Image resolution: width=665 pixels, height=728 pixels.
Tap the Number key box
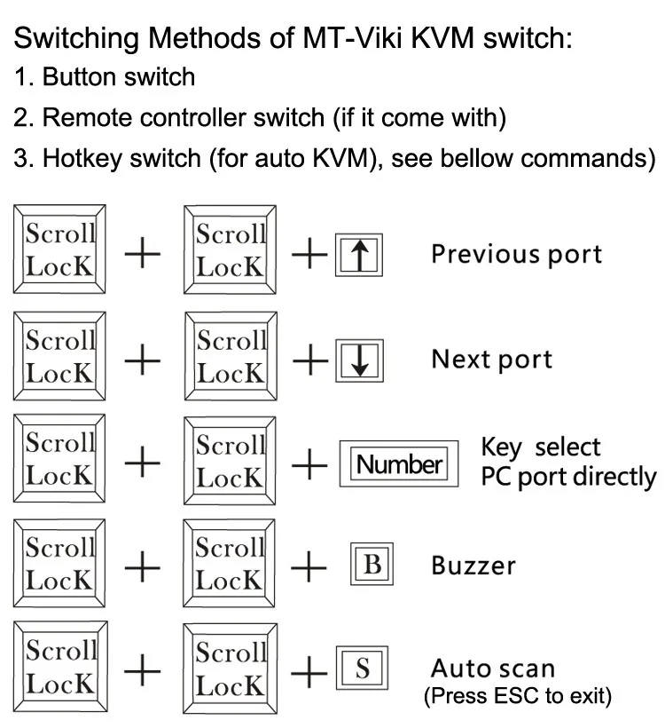click(399, 464)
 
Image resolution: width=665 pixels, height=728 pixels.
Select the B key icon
click(372, 566)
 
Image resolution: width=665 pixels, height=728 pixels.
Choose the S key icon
click(362, 669)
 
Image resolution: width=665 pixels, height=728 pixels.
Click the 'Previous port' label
click(516, 254)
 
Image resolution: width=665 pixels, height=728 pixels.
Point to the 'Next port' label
click(491, 360)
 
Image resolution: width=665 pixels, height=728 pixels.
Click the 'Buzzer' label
click(473, 566)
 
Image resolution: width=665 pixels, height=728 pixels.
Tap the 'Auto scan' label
click(492, 669)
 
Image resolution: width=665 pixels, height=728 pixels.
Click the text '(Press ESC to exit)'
click(519, 695)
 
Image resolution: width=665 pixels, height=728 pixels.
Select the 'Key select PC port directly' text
click(567, 463)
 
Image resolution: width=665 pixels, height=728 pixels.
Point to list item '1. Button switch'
click(105, 77)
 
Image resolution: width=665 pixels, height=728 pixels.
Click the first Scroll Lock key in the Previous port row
click(59, 249)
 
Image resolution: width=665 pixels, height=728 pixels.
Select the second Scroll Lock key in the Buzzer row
click(230, 563)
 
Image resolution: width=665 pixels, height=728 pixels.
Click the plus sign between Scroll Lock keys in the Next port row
click(143, 360)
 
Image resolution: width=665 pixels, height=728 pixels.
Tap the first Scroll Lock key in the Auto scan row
click(59, 667)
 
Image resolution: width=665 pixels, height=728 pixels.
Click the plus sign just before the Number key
click(309, 463)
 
